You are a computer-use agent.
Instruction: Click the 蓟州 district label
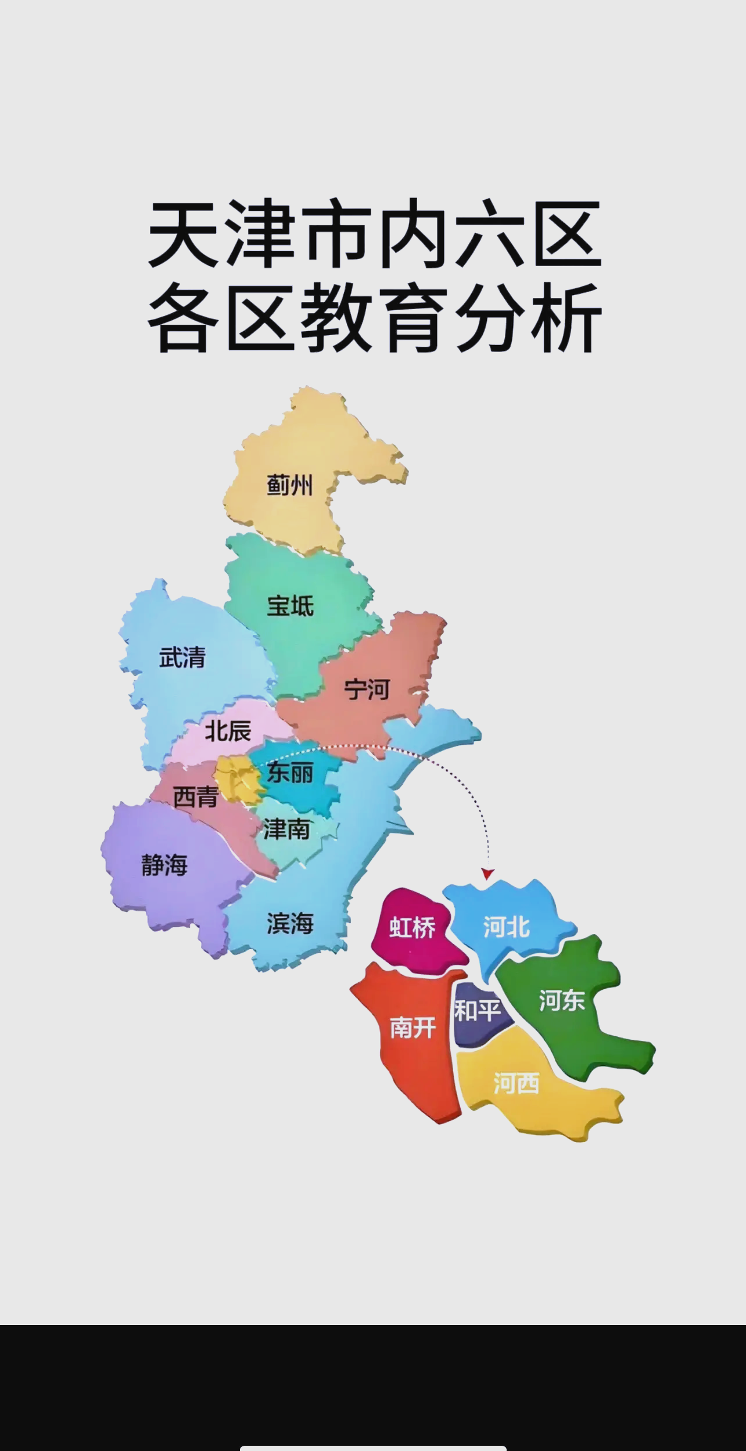click(289, 485)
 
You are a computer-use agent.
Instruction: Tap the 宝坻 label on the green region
click(290, 606)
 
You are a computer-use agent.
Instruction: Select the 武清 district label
click(182, 658)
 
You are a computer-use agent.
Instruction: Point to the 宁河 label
click(366, 689)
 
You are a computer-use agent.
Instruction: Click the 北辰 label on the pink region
click(228, 731)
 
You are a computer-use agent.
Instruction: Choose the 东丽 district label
click(290, 773)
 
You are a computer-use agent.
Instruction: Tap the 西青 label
click(195, 797)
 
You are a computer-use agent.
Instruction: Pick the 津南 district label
click(286, 829)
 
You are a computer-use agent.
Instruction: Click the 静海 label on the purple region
click(164, 865)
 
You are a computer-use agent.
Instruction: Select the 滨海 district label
click(290, 923)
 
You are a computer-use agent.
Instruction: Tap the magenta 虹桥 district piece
click(412, 928)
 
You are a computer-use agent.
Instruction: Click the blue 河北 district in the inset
click(506, 927)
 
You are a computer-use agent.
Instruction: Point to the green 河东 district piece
click(561, 1000)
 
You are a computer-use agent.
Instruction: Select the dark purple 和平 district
click(477, 1011)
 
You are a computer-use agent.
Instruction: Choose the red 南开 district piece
click(413, 1028)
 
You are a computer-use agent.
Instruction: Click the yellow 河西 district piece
click(517, 1083)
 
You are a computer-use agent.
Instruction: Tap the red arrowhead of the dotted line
click(488, 874)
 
